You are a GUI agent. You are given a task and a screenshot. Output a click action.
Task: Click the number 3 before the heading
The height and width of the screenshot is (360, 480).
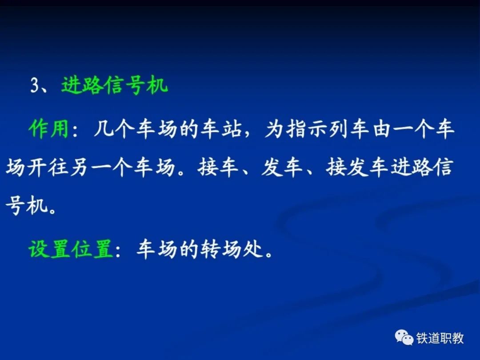coord(35,85)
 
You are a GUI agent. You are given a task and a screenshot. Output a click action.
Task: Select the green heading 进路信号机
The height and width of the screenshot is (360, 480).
coord(115,84)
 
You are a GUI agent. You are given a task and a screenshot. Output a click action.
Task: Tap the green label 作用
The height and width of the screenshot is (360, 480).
coord(48,128)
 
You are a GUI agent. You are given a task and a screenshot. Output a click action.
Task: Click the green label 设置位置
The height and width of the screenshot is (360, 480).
coord(71,249)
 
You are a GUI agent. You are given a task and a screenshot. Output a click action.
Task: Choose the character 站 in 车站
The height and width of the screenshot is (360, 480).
coord(232,128)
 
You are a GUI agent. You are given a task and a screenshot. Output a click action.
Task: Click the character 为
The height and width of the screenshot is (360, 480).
coord(273,128)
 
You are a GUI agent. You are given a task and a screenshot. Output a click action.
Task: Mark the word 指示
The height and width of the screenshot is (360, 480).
coord(306,128)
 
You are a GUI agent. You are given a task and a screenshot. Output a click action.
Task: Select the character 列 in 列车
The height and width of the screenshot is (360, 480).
coord(339,128)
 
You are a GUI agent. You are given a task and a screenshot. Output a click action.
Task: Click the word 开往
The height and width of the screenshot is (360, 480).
coord(47,168)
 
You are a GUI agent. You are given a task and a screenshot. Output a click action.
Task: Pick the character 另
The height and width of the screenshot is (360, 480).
coord(78,168)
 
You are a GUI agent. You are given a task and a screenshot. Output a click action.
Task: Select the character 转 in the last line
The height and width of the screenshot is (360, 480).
coord(210,249)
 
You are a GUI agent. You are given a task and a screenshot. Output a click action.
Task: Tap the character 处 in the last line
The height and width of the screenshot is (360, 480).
coord(253,249)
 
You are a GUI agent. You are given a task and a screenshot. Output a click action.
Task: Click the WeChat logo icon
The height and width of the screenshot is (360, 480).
coord(404,337)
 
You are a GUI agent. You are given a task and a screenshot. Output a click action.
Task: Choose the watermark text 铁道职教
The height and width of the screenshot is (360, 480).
coord(440,338)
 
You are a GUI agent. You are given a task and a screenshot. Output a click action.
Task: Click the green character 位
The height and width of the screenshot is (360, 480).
coord(82,249)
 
